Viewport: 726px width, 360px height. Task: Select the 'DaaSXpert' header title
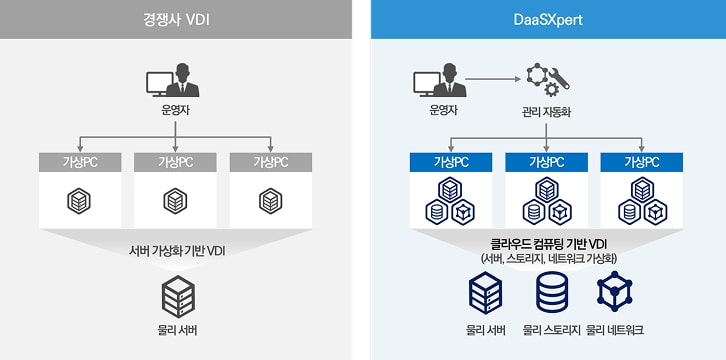click(x=548, y=19)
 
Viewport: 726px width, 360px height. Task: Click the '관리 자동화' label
click(x=547, y=110)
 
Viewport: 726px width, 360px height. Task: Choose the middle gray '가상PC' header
click(x=176, y=162)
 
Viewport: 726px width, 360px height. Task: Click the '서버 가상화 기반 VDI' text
click(x=177, y=250)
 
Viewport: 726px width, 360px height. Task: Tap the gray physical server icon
click(x=177, y=297)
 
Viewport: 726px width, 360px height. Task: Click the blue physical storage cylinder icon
click(x=549, y=293)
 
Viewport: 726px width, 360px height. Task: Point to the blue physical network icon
click(x=614, y=292)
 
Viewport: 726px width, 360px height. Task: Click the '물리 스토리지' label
click(x=549, y=330)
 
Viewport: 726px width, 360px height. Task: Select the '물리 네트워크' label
click(x=615, y=330)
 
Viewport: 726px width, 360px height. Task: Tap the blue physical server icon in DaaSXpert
click(x=485, y=293)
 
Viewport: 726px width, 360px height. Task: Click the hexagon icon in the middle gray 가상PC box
click(x=176, y=201)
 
